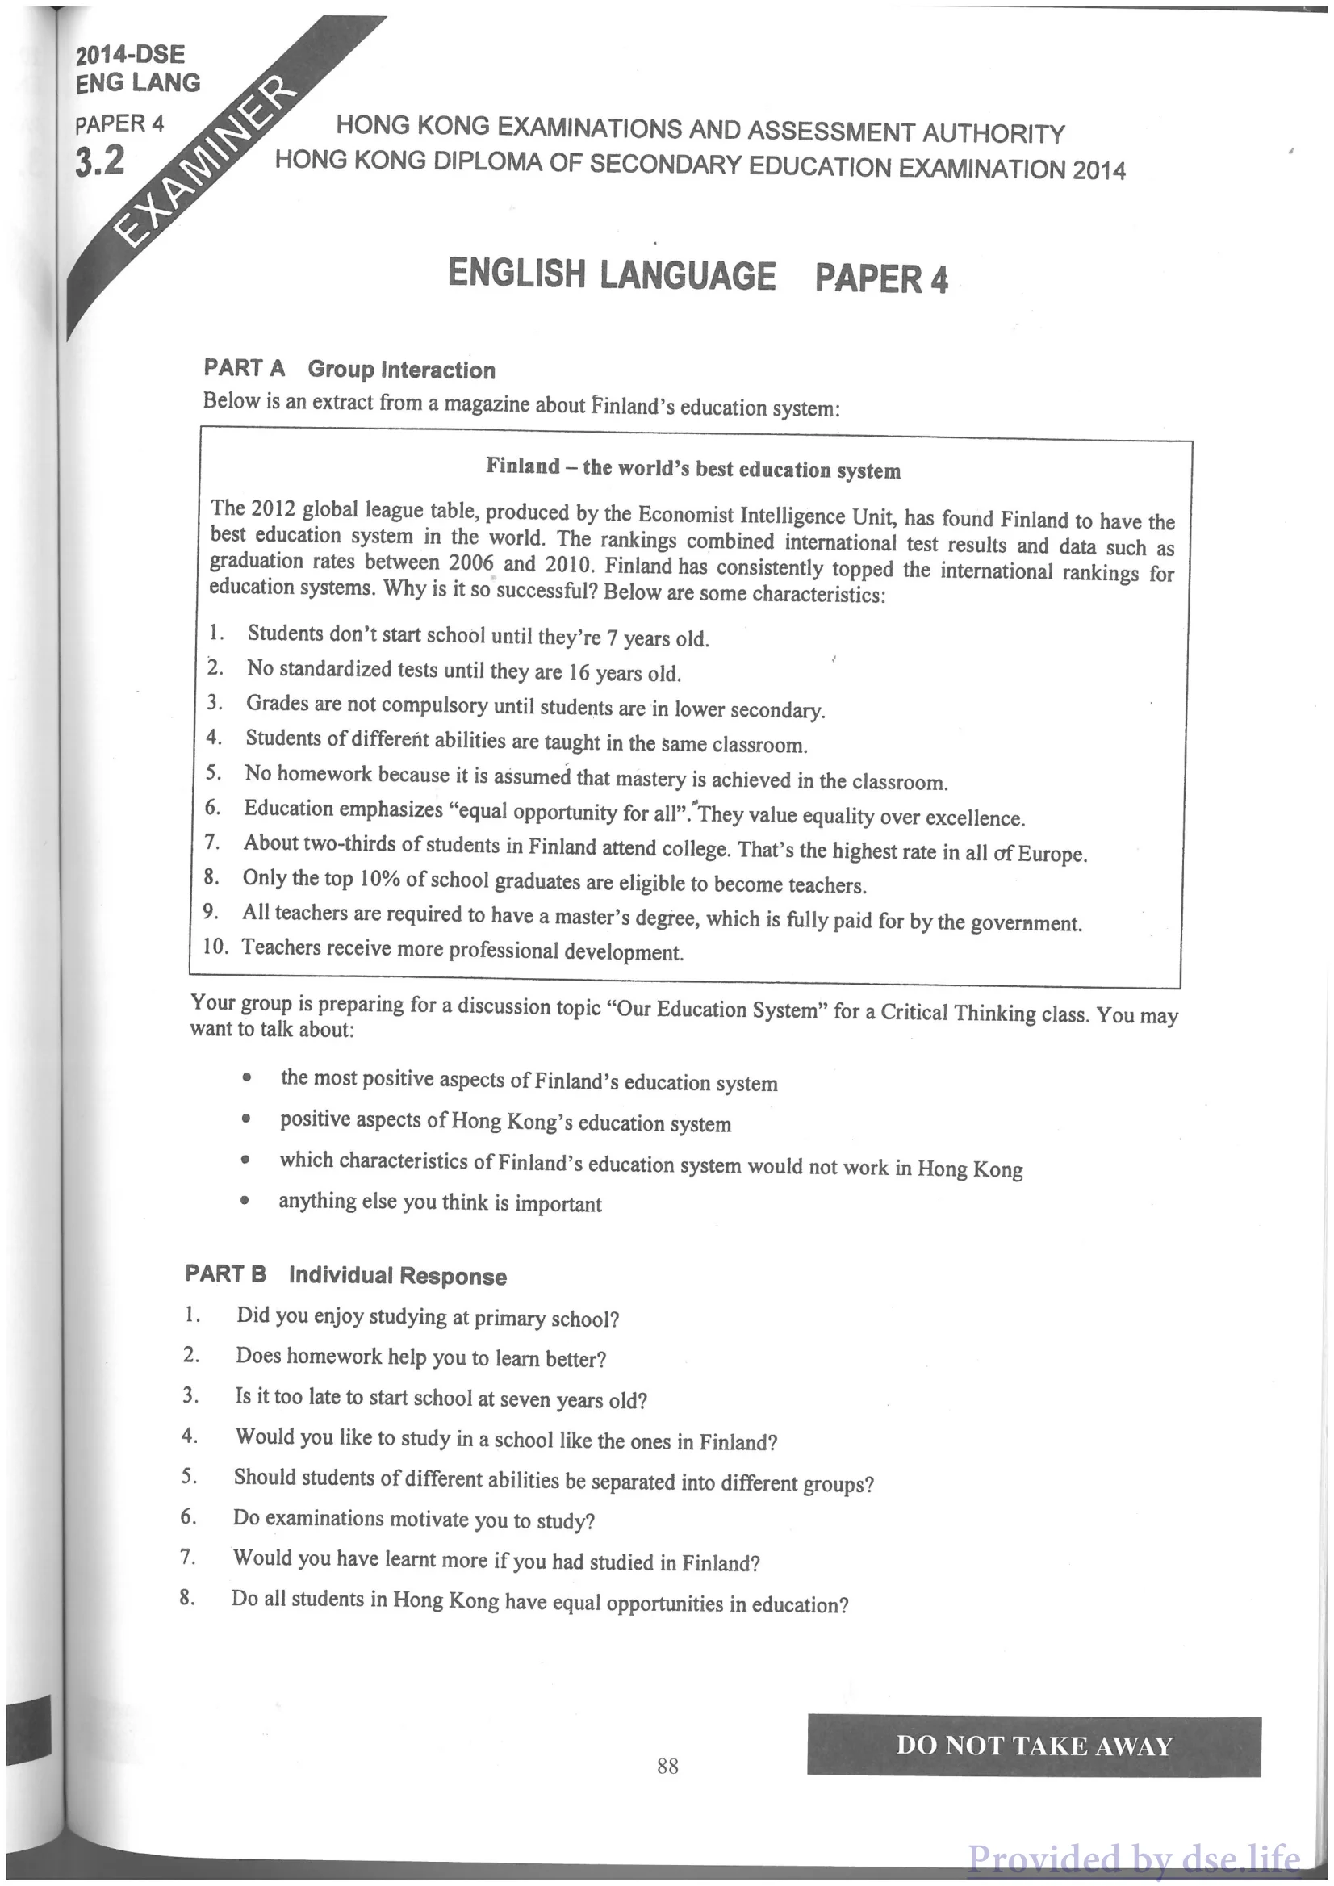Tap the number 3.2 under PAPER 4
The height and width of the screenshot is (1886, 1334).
tap(100, 159)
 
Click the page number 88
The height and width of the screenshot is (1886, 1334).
tap(667, 1765)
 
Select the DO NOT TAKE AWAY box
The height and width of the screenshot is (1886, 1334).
tap(1033, 1745)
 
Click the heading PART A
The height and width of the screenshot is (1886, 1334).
tap(244, 367)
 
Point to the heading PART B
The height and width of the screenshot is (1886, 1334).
tap(225, 1273)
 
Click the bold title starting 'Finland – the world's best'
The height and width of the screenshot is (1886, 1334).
tap(692, 468)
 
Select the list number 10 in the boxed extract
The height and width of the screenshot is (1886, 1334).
tap(215, 946)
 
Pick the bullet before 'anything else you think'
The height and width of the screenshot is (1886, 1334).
tap(245, 1199)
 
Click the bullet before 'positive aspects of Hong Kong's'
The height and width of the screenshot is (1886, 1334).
tap(245, 1119)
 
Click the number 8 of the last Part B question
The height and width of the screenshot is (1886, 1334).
tap(186, 1598)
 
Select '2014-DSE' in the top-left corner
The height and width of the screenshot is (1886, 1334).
tap(131, 55)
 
